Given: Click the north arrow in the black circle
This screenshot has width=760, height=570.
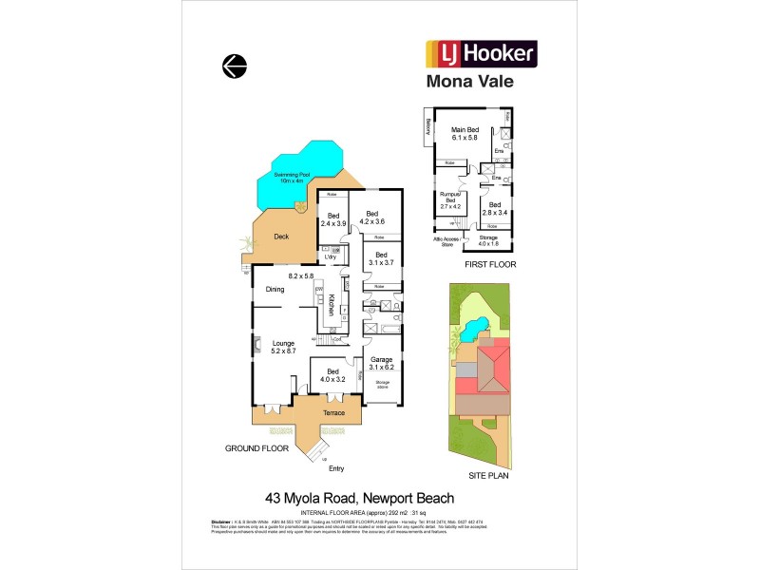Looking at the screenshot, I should click(234, 66).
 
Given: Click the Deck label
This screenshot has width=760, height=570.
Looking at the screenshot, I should click(281, 237).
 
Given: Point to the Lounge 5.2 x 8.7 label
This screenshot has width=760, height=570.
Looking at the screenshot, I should click(283, 348).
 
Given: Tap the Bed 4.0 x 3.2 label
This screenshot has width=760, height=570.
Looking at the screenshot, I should click(332, 375).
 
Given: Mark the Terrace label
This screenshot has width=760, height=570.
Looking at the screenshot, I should click(327, 413).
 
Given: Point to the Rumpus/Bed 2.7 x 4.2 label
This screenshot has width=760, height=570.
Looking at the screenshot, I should click(450, 200).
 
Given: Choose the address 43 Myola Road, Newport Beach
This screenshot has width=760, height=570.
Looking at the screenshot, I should click(358, 498).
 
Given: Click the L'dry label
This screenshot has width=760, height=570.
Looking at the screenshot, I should click(331, 257).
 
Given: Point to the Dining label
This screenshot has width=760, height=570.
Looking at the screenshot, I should click(275, 290).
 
